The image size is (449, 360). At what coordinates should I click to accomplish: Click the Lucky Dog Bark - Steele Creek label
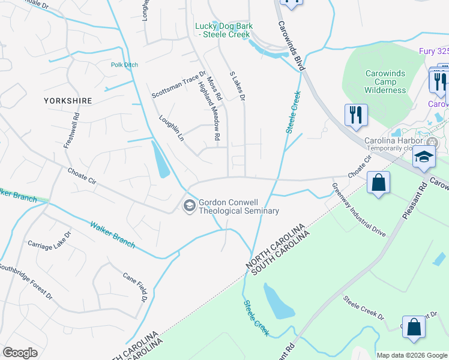224,30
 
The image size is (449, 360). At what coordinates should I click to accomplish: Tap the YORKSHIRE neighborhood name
68,101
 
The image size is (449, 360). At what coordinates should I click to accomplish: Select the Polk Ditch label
124,65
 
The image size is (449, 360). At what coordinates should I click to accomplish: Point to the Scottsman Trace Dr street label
178,85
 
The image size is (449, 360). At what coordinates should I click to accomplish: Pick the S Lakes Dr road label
238,86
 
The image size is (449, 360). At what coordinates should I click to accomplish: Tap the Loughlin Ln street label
171,128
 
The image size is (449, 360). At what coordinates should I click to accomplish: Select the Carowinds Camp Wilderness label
385,82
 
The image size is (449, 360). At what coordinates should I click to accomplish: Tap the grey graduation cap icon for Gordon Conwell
190,206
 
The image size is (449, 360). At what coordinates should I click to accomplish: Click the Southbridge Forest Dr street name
25,281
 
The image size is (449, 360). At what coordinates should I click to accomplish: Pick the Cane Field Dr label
135,287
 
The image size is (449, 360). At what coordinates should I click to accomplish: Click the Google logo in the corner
20,352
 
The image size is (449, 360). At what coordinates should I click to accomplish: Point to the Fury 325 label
434,52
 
